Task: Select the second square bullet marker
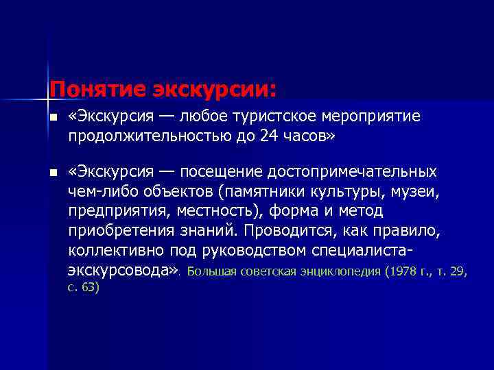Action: pyautogui.click(x=53, y=171)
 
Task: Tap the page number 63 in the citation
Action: pyautogui.click(x=89, y=288)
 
